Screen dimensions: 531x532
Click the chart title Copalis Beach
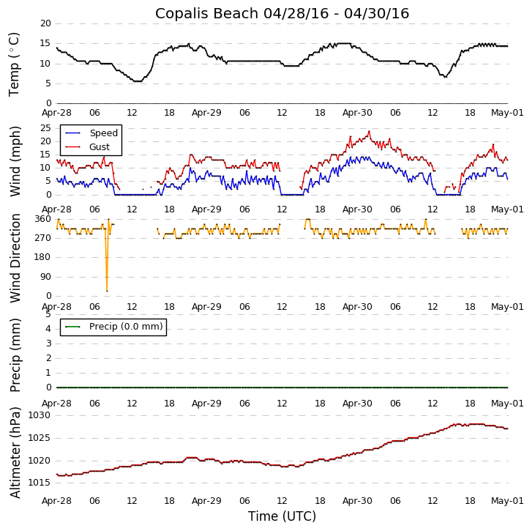[x=282, y=14]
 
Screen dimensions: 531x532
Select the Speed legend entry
[x=103, y=133]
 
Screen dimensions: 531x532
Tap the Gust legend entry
[x=100, y=147]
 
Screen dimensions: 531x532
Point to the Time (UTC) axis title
[x=282, y=516]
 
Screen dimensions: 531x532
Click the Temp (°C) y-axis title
[x=15, y=64]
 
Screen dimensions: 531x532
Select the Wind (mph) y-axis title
[x=15, y=160]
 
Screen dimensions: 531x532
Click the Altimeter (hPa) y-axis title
[x=15, y=452]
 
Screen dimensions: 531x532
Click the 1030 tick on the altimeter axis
[x=40, y=415]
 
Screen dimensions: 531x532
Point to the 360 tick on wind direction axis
[x=42, y=219]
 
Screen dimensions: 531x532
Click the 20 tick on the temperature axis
[x=45, y=23]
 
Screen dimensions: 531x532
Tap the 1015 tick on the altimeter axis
[x=40, y=483]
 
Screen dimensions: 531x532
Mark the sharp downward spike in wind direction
[x=107, y=290]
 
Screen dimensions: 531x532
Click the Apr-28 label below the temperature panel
[x=56, y=113]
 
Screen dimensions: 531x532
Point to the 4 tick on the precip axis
[x=48, y=328]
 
